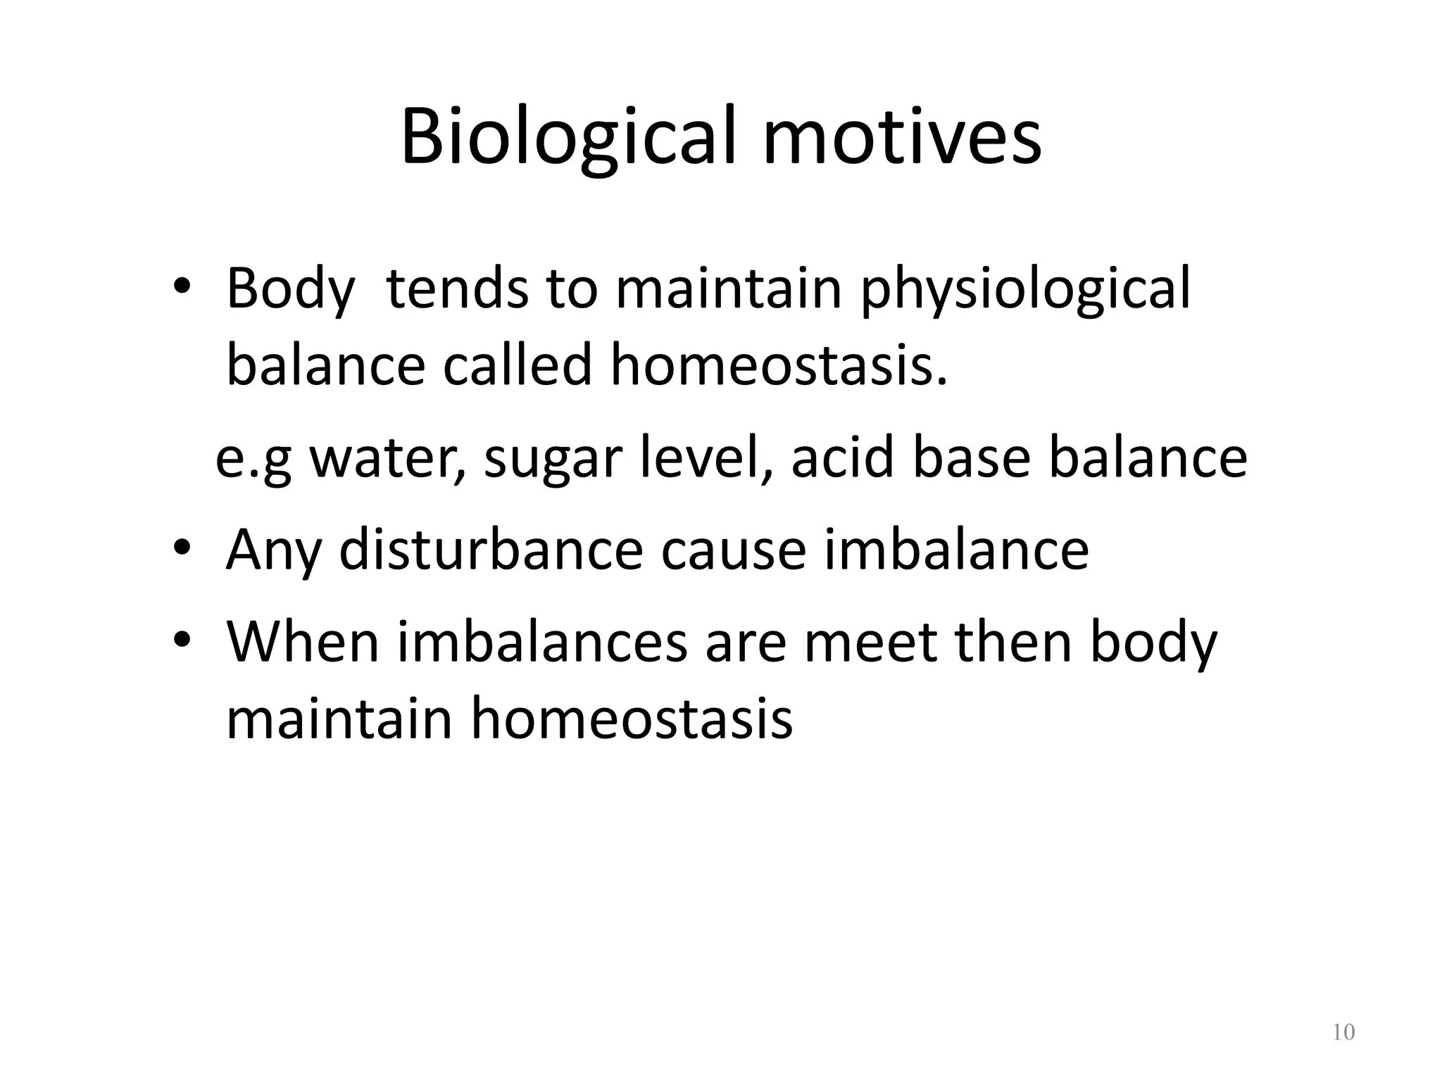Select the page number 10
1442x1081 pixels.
1343,1032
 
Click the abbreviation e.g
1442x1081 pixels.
253,459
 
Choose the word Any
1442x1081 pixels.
274,550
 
